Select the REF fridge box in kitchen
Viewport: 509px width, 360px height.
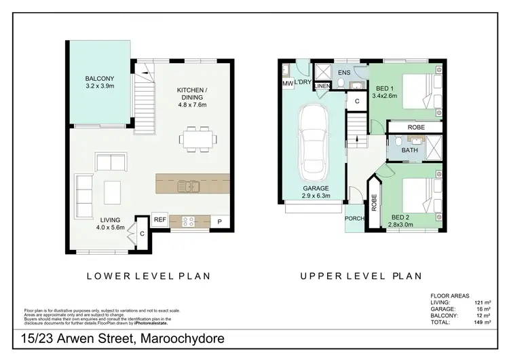click(159, 219)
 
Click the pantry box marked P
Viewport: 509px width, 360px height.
click(220, 221)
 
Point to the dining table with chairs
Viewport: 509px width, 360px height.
click(198, 139)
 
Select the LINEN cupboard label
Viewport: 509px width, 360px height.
click(322, 86)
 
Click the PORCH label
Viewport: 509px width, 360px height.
click(354, 219)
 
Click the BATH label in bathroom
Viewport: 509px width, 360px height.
click(409, 150)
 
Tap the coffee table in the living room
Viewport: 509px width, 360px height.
click(112, 192)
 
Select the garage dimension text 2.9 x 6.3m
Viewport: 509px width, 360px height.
click(316, 196)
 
